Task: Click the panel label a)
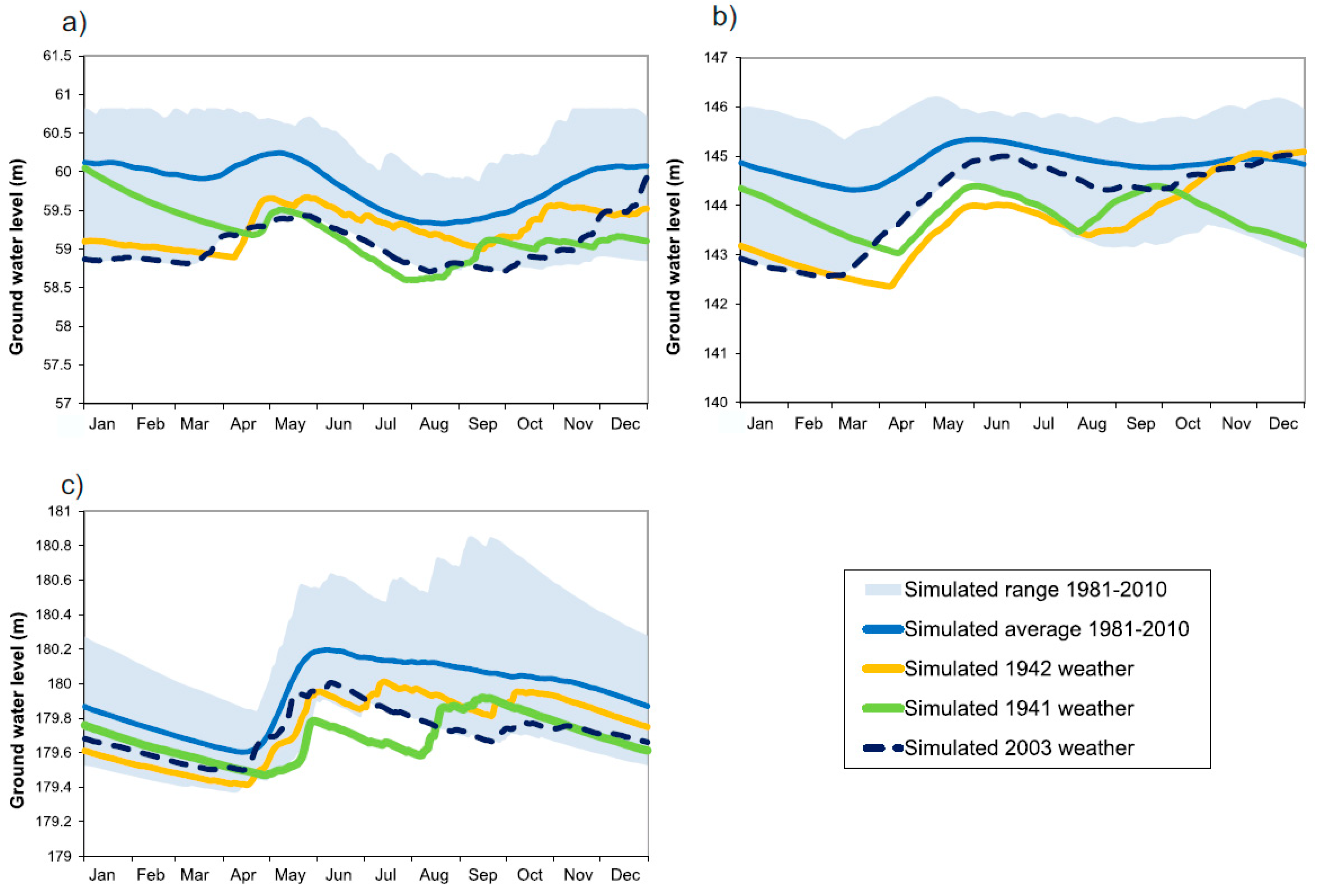coord(74,23)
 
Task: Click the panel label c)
coord(72,485)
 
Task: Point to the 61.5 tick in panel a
coord(57,56)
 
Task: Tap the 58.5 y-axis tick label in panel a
coord(57,287)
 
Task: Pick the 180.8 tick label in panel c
coord(54,545)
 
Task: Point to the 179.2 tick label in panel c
coord(54,821)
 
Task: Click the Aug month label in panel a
coord(434,424)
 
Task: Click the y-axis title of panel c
coord(17,710)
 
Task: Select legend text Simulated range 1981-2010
coord(1035,589)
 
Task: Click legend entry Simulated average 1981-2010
coord(1026,629)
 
